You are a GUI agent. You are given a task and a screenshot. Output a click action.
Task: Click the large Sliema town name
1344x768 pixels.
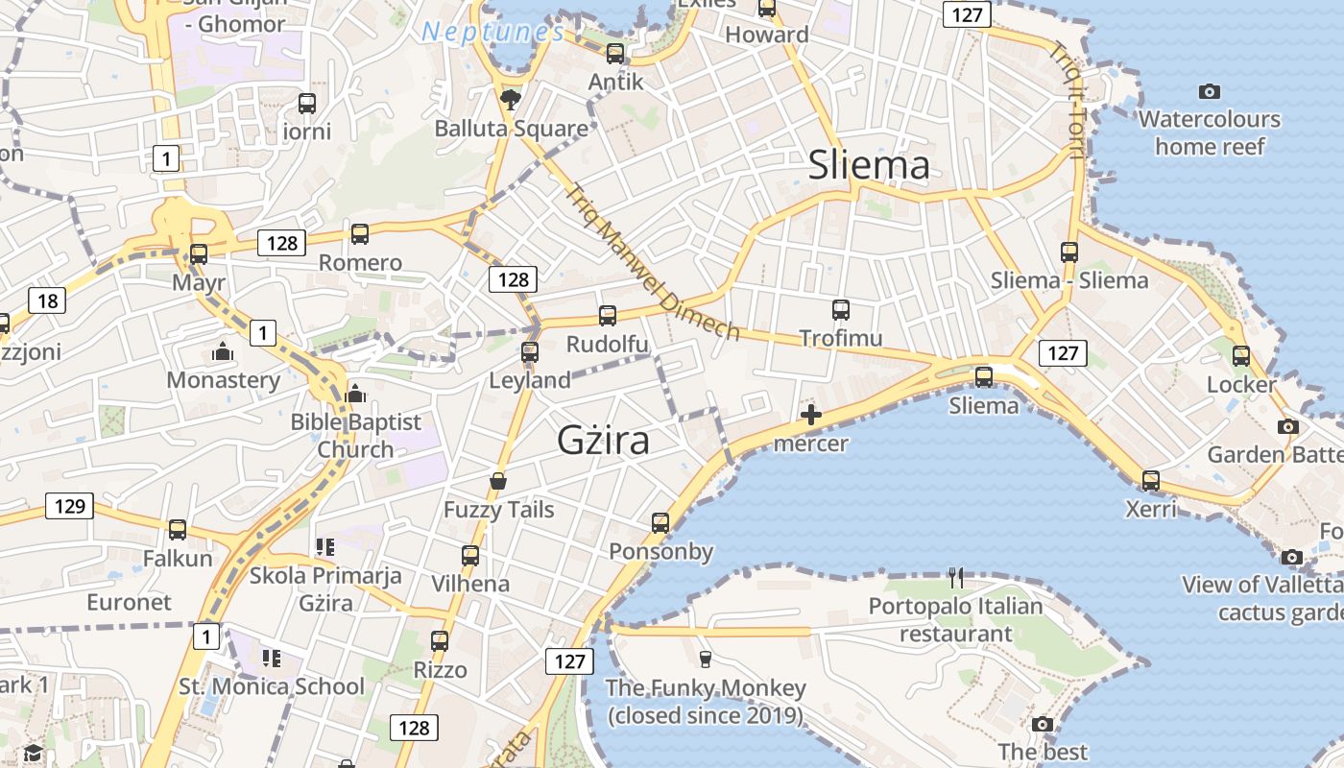coord(869,165)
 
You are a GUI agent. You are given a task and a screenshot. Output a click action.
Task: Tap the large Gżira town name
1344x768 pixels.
coord(604,440)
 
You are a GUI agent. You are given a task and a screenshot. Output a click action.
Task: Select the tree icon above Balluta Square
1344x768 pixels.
coord(511,98)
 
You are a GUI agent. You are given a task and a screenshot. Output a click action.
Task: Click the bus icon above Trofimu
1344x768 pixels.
coord(841,309)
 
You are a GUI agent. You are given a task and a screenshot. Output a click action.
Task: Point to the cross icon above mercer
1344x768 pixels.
coord(811,415)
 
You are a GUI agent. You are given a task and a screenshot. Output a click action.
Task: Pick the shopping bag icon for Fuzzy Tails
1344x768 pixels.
coord(498,480)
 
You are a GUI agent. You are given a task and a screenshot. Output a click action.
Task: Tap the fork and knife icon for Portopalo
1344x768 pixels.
coord(955,577)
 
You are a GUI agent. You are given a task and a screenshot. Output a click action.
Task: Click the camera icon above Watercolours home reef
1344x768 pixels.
coord(1210,92)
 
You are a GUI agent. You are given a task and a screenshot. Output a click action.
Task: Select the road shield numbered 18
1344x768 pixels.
coord(47,300)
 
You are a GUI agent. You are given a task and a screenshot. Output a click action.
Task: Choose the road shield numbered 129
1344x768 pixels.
coord(70,505)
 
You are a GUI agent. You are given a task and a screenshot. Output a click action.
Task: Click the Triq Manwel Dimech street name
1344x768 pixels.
coord(652,260)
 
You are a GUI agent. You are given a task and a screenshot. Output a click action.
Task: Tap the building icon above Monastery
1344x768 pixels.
coord(223,352)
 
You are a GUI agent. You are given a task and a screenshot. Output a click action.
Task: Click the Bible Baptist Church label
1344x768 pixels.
coord(356,435)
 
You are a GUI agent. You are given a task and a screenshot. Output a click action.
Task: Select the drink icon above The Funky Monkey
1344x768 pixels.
coord(706,659)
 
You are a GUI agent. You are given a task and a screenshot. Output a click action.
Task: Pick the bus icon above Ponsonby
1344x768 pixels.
coord(660,522)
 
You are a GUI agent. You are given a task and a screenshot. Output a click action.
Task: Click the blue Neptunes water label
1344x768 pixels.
coord(493,32)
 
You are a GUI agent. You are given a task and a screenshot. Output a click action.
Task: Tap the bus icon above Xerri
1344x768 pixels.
coord(1150,480)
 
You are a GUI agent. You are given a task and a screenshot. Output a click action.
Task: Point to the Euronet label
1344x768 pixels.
coord(129,602)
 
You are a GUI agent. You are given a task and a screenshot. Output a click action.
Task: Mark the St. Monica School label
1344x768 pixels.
coord(272,686)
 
